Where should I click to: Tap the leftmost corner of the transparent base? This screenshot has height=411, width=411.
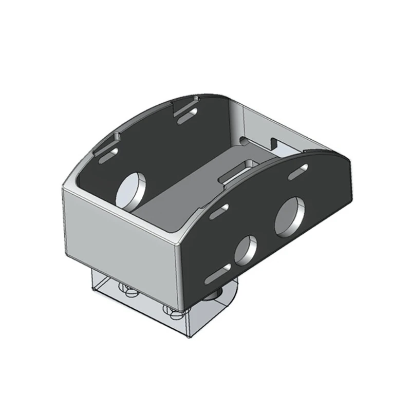tap(92, 291)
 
